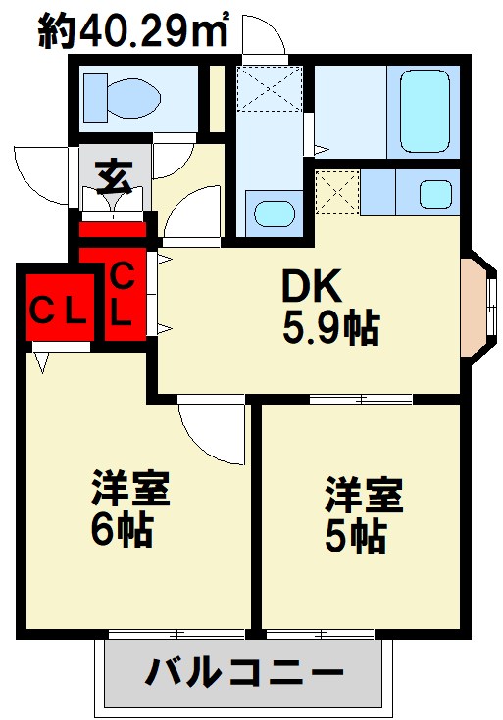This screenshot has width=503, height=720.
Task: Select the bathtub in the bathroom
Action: coord(425,110)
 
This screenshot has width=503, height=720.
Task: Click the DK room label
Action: coord(311,286)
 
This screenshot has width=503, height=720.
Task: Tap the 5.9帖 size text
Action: coord(330,329)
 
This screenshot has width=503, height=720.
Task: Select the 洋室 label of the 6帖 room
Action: coord(131,489)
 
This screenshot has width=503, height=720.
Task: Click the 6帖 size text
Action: coord(122,530)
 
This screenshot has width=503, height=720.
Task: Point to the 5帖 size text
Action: coord(354,537)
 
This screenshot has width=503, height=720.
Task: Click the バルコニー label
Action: coord(245,673)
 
